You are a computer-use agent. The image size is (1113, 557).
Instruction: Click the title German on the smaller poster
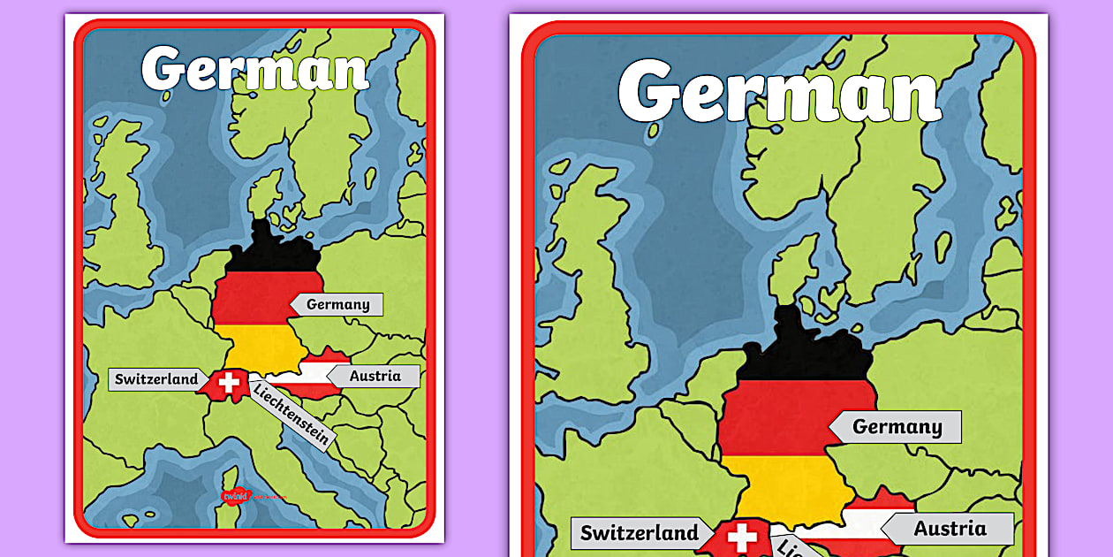click(254, 69)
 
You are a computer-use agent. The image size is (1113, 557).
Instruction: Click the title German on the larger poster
click(779, 92)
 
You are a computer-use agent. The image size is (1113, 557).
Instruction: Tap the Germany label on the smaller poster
click(338, 304)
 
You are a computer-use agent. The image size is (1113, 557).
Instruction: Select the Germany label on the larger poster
click(897, 427)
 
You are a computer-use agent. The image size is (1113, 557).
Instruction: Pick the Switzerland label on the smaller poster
click(156, 379)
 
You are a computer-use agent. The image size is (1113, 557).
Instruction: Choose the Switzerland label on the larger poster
click(639, 533)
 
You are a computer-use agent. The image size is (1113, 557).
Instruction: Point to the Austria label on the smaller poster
click(375, 376)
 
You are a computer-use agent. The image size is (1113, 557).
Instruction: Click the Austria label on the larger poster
click(950, 529)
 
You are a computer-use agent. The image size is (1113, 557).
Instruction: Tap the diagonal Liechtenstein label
click(291, 413)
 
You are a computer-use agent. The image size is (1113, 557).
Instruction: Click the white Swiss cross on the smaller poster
click(230, 384)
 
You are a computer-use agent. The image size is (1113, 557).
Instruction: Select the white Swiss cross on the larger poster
click(742, 538)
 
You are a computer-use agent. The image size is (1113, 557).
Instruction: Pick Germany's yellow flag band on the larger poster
click(777, 486)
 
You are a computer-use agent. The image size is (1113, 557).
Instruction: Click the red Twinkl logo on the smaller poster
click(235, 496)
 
